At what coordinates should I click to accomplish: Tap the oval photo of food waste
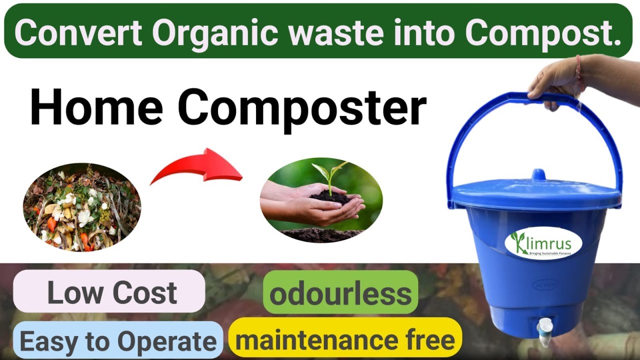click(x=82, y=207)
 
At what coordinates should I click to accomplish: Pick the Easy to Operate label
click(x=118, y=342)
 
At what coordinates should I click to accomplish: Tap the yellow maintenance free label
click(x=345, y=340)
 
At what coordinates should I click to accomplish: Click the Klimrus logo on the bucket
click(x=543, y=244)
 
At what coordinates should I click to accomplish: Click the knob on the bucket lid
click(x=537, y=174)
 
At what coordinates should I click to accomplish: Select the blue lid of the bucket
click(x=535, y=192)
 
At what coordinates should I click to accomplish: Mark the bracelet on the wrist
click(x=579, y=72)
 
